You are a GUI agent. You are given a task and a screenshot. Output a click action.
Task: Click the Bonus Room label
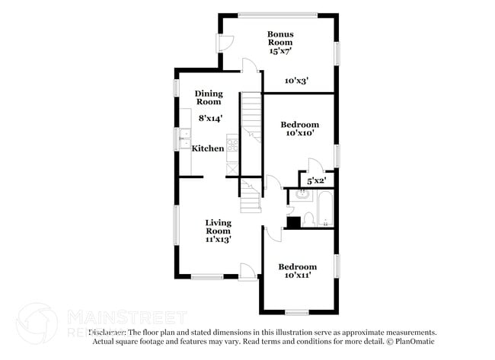point(280,39)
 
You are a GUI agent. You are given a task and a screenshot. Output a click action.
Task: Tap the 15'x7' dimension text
point(280,51)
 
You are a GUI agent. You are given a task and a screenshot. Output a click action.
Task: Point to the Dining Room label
point(209,97)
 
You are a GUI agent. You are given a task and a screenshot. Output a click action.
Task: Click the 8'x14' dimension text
point(210,118)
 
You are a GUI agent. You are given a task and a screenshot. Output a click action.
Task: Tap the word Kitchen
point(207,148)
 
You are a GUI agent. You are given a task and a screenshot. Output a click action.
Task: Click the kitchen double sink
point(185,139)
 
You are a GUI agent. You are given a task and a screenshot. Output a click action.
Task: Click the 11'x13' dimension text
point(218,239)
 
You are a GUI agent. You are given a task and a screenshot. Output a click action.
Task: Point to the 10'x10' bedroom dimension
point(299,133)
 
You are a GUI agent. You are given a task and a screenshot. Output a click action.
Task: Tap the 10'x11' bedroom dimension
point(296,276)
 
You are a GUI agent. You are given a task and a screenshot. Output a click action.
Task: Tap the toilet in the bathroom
point(308,218)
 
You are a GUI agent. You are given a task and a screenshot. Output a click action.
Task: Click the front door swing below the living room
point(247,270)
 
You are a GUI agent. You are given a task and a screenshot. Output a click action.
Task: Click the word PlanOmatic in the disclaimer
point(415,342)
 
